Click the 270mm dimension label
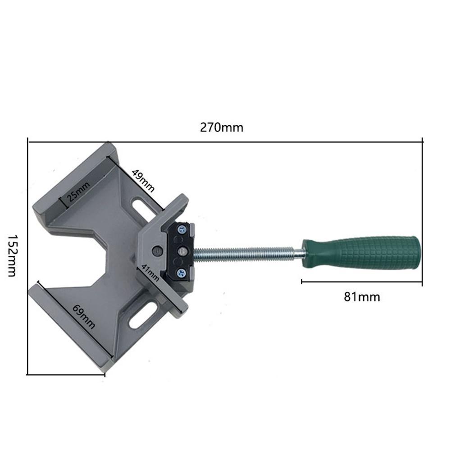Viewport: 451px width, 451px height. point(222,128)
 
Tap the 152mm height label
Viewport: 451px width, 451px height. point(13,255)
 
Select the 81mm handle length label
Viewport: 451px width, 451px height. point(362,297)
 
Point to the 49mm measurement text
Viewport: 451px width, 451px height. point(143,181)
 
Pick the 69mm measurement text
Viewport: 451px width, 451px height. point(84,316)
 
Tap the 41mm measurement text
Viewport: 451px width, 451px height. point(150,273)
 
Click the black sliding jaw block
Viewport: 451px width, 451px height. point(181,251)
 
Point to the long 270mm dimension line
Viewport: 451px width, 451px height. point(225,141)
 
